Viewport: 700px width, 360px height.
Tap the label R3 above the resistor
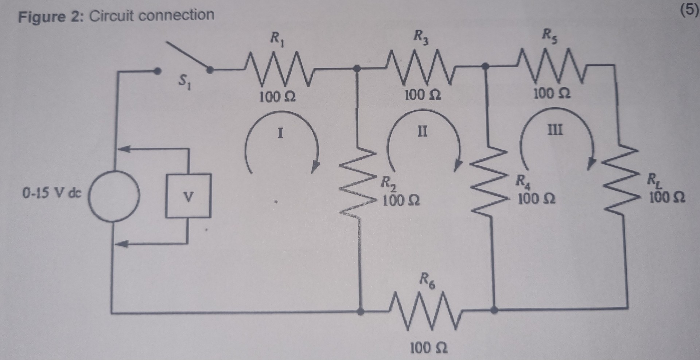click(421, 36)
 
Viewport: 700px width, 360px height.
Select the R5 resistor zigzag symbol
click(551, 67)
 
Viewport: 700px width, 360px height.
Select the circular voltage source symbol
click(114, 196)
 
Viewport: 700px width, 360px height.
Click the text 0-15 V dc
click(52, 193)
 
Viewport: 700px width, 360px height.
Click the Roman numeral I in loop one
click(280, 133)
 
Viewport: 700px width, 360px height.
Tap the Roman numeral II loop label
click(422, 131)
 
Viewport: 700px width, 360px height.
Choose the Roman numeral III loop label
click(555, 130)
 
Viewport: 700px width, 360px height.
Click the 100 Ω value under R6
click(428, 348)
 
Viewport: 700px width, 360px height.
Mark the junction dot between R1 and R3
click(357, 68)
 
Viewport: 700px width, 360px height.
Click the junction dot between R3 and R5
click(485, 66)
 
